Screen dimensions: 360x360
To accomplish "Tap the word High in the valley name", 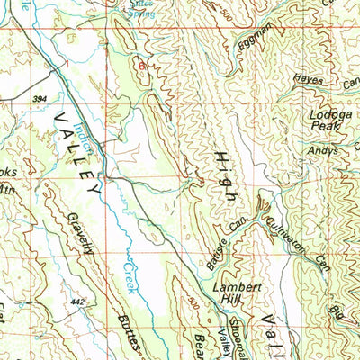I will [x=224, y=176].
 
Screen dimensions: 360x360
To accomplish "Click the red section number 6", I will [x=140, y=66].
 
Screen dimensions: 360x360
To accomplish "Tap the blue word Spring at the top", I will [x=140, y=14].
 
